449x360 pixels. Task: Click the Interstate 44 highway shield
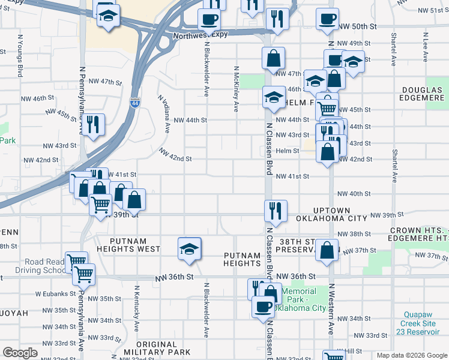coord(134,103)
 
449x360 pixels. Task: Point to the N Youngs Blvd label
coord(20,55)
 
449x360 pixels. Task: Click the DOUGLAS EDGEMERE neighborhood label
coord(423,95)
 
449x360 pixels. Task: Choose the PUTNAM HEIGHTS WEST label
coord(127,248)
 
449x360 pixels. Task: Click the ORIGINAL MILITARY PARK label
coord(157,347)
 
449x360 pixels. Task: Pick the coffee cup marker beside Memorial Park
coord(262,307)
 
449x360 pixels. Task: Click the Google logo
coord(20,353)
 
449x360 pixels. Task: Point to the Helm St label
coord(288,151)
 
